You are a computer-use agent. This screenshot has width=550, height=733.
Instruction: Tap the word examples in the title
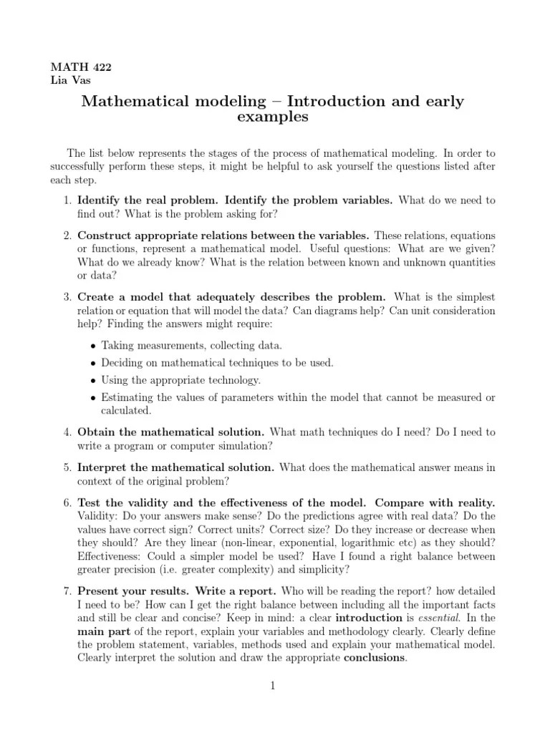point(272,117)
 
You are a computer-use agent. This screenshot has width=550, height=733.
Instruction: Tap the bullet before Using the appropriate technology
point(94,380)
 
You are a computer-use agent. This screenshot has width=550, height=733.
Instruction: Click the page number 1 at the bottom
point(273,686)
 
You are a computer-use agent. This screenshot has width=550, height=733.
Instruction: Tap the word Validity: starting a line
point(97,515)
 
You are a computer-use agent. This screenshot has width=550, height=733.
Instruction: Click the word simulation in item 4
point(246,445)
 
